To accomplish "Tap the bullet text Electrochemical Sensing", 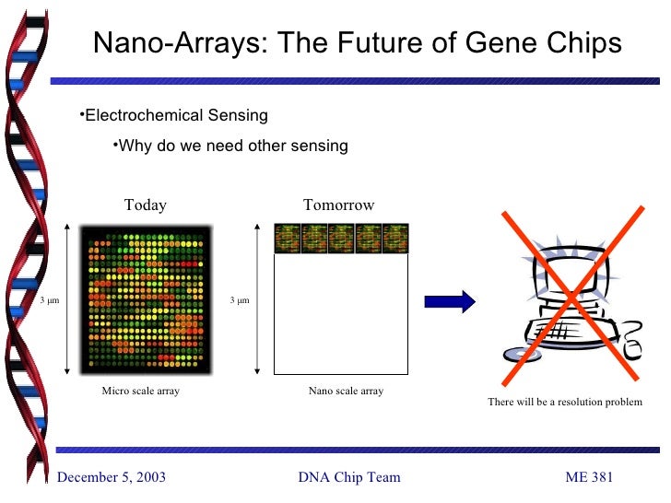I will click(x=174, y=115).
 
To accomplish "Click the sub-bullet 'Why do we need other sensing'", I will click(x=230, y=146).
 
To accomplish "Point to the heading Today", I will click(x=146, y=205).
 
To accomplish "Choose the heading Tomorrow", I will click(x=339, y=205).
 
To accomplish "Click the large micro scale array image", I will click(x=147, y=299).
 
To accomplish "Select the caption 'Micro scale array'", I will click(x=140, y=392).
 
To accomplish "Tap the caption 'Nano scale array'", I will click(x=346, y=392).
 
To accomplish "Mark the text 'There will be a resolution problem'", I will click(x=565, y=403).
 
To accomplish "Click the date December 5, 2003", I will click(x=112, y=476).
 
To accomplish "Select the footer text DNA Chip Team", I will click(x=349, y=476).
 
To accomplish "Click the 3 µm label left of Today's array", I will click(x=48, y=300).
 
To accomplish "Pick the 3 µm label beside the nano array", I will click(x=240, y=300).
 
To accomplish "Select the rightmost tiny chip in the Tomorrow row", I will click(x=394, y=239).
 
